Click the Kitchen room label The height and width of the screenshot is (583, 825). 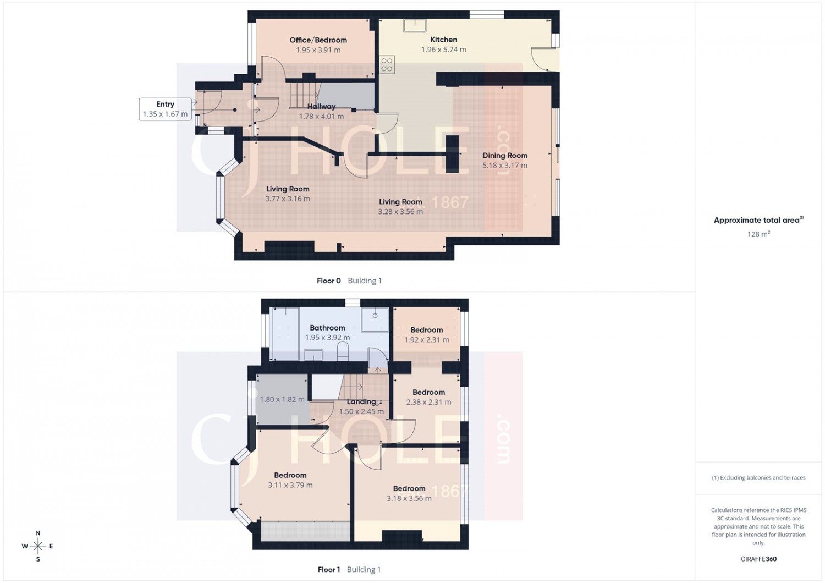[x=443, y=40]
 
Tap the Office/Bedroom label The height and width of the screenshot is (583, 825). [x=318, y=40]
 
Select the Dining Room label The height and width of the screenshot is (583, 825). [x=504, y=156]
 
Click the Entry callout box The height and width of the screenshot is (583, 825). [x=166, y=109]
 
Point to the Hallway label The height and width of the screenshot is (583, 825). [x=322, y=107]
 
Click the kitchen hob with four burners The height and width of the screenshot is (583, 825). [x=387, y=64]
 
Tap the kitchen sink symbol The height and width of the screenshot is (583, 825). [x=415, y=26]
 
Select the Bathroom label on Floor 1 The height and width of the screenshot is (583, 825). [x=327, y=328]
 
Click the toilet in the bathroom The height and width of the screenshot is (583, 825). [x=343, y=351]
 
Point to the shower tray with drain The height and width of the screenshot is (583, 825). [x=375, y=320]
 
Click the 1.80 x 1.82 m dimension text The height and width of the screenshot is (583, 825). [x=282, y=399]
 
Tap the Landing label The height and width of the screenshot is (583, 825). [x=361, y=402]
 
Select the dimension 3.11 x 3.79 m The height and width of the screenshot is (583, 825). [x=290, y=485]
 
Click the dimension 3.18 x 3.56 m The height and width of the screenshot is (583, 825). [x=409, y=498]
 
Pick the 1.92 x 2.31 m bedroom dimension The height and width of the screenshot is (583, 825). [x=426, y=339]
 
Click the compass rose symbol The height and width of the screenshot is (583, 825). [x=38, y=546]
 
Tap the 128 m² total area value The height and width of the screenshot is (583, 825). [x=758, y=234]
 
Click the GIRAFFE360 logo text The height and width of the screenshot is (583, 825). [x=758, y=559]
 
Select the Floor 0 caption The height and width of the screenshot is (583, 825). [x=328, y=280]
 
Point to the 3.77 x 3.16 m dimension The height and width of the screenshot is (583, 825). [x=288, y=199]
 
